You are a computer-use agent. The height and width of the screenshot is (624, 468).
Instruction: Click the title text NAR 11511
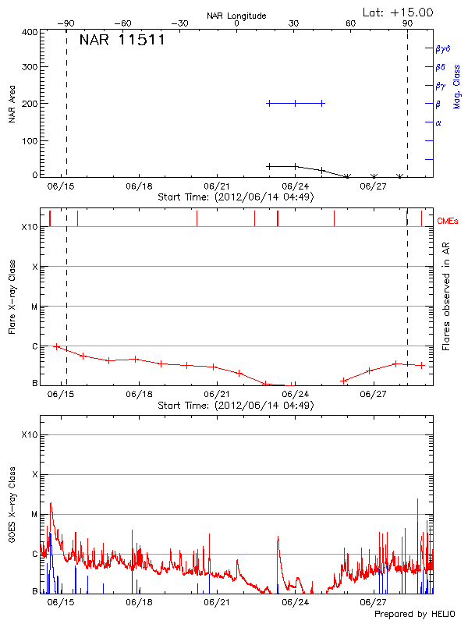tap(122, 41)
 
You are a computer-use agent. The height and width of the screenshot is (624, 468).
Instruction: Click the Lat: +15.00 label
tap(399, 12)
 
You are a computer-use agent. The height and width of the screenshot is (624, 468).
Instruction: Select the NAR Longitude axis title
tap(236, 15)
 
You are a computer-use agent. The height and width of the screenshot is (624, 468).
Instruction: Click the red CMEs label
tap(448, 222)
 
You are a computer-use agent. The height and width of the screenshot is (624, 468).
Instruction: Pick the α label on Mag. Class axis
tap(438, 122)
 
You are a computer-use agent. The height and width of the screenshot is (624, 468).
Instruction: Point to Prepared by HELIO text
tap(414, 615)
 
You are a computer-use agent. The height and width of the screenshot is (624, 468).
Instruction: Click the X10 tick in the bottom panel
tap(29, 434)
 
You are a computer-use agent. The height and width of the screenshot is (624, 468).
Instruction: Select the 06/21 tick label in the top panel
tap(217, 186)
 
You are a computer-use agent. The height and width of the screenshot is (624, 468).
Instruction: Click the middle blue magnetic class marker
tap(295, 103)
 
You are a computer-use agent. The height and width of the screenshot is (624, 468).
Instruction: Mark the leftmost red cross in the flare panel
tap(56, 346)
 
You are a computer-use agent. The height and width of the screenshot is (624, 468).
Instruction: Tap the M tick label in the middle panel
tap(34, 307)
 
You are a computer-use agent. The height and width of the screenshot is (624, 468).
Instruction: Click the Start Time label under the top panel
tap(236, 197)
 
